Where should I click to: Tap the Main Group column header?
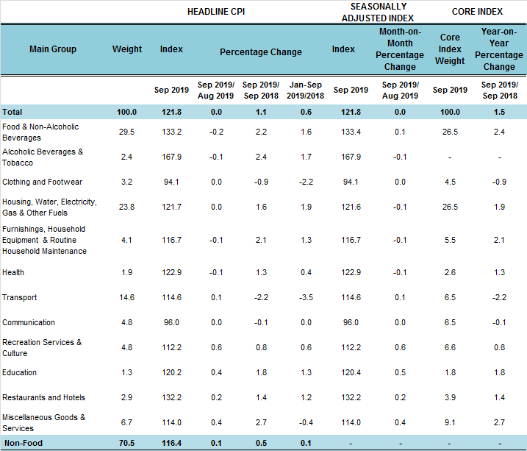(x=53, y=49)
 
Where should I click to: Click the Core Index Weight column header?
(x=449, y=49)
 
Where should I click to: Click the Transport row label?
(x=19, y=297)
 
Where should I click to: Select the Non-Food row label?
(x=24, y=442)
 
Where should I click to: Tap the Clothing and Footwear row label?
(x=42, y=182)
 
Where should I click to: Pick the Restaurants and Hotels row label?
(x=43, y=397)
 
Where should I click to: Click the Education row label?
(x=20, y=372)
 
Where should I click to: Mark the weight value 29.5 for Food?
(x=126, y=132)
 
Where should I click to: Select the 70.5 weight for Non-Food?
(x=126, y=442)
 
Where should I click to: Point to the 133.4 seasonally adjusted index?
(x=351, y=132)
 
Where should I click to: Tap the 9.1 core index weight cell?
(x=449, y=422)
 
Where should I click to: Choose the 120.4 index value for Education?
(x=351, y=372)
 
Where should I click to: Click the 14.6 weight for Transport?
(x=126, y=297)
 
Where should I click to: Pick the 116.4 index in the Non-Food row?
(x=171, y=442)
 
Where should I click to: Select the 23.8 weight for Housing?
(x=126, y=207)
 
